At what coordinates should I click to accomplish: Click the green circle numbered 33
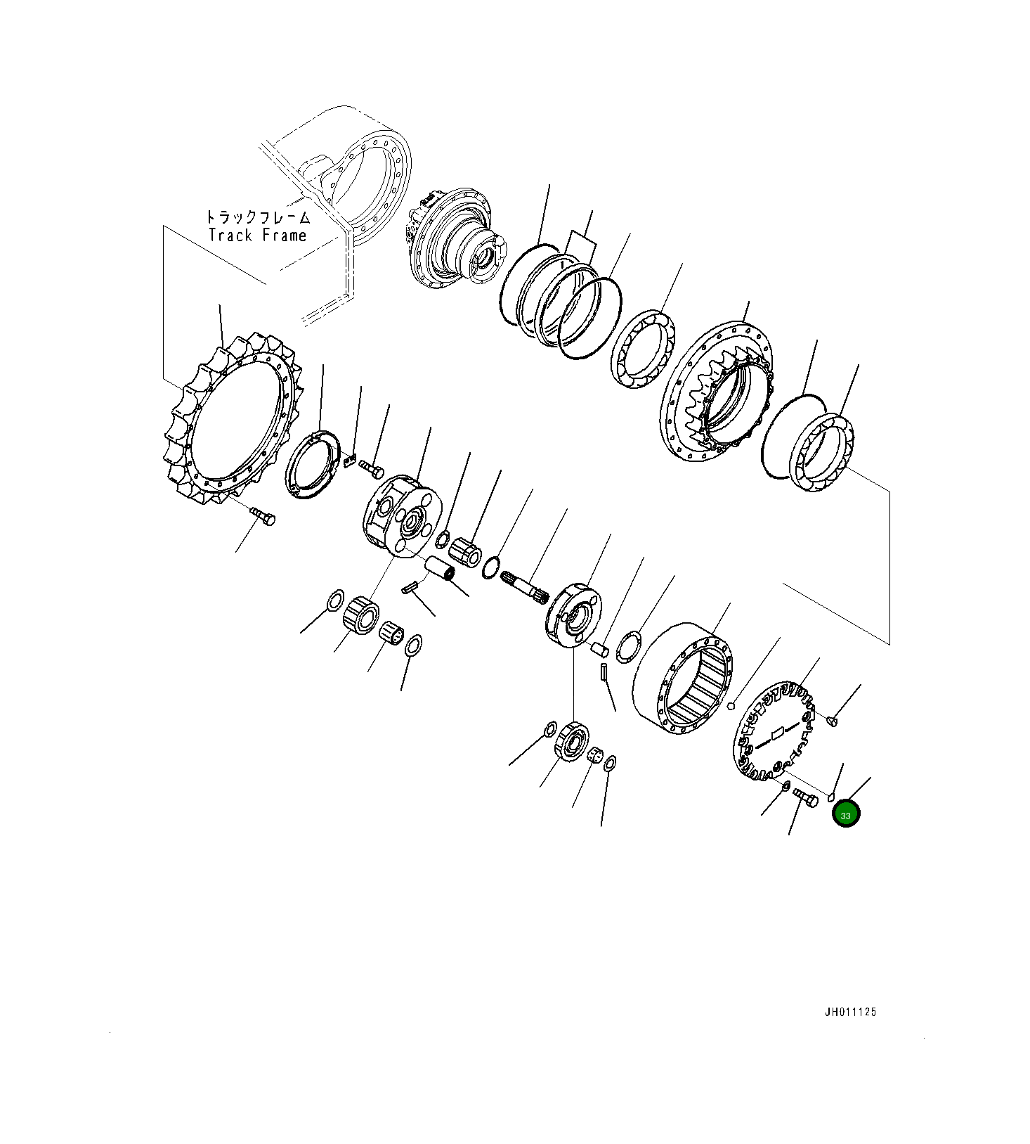tap(845, 814)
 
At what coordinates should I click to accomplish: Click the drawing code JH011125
tap(850, 1013)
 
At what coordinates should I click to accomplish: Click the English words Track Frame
tap(258, 235)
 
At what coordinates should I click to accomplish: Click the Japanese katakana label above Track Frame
tap(258, 217)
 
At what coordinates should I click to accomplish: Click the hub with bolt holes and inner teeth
tap(717, 394)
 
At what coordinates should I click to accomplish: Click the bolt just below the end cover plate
tap(806, 798)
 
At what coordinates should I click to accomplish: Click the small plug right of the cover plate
tap(833, 719)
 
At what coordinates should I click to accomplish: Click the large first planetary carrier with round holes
tap(402, 517)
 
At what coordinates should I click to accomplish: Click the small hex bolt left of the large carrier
tap(372, 470)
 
